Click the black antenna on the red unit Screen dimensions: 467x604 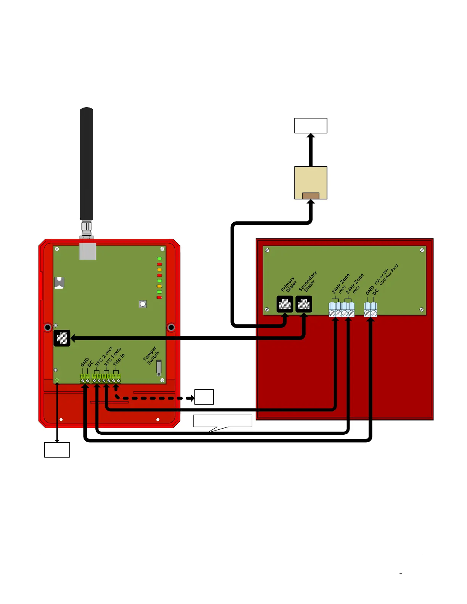pos(87,164)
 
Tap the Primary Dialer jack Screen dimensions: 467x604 pos(285,304)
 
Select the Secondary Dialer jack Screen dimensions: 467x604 pos(304,304)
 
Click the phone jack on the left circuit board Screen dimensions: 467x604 pos(62,338)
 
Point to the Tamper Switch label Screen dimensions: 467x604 pos(151,355)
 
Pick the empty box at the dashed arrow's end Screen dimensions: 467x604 pos(204,397)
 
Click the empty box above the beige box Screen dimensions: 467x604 pos(311,125)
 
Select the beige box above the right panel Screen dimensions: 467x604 pos(311,179)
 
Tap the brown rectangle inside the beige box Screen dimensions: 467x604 pos(311,196)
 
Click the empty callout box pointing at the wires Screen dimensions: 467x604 pos(222,421)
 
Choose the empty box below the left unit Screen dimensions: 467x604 pos(57,450)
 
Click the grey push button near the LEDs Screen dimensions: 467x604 pos(143,304)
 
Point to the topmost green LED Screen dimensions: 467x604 pos(159,259)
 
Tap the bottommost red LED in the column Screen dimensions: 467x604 pos(159,297)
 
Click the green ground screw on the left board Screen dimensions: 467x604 pos(57,380)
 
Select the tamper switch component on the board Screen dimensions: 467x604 pos(159,368)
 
